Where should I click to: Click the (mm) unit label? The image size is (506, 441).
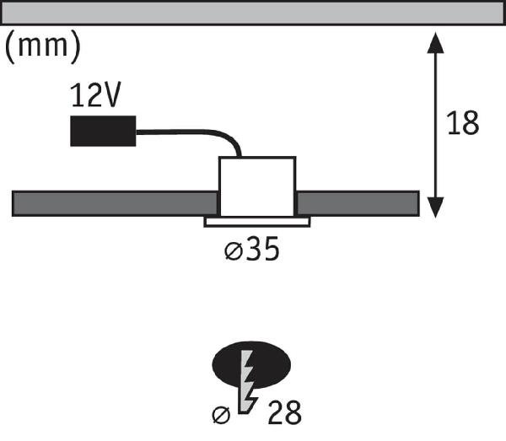42,46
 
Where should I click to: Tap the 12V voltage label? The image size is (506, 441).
95,94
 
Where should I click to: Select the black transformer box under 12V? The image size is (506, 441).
103,131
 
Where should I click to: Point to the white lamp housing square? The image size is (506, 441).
257,186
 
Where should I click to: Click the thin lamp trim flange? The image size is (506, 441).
257,222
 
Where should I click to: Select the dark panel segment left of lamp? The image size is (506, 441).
115,203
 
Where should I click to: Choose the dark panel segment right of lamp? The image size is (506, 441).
358,203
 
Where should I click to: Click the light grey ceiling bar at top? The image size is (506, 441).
253,13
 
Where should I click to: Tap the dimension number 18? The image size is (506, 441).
463,123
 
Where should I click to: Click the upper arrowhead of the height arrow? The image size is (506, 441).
435,43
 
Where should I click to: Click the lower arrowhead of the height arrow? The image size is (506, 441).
435,207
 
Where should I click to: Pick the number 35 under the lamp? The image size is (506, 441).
262,249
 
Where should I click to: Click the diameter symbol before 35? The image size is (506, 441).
233,251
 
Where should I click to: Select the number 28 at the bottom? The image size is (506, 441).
284,412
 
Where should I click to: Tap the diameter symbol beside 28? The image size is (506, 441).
221,415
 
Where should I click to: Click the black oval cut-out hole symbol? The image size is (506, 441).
251,365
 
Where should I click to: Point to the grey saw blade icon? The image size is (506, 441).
248,381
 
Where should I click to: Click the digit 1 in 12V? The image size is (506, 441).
77,94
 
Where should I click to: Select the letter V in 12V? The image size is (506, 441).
113,94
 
